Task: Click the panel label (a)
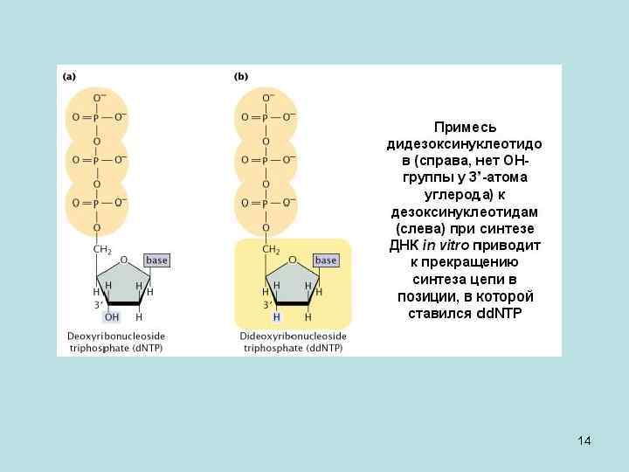coord(68,77)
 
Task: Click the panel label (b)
coord(240,77)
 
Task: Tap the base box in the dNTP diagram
coord(156,260)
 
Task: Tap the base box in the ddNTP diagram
coord(326,260)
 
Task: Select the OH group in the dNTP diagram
coord(112,317)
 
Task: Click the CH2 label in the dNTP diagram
coord(102,250)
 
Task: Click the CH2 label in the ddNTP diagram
coord(272,250)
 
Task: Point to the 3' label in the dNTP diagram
coord(100,305)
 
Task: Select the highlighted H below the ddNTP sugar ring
coord(277,317)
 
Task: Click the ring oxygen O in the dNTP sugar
coord(124,260)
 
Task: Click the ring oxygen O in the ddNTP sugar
coord(294,260)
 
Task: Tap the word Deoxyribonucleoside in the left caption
coord(116,337)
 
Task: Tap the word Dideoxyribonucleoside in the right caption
coord(293,337)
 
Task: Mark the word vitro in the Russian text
coord(453,246)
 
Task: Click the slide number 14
coord(584,441)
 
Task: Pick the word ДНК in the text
coord(404,246)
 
